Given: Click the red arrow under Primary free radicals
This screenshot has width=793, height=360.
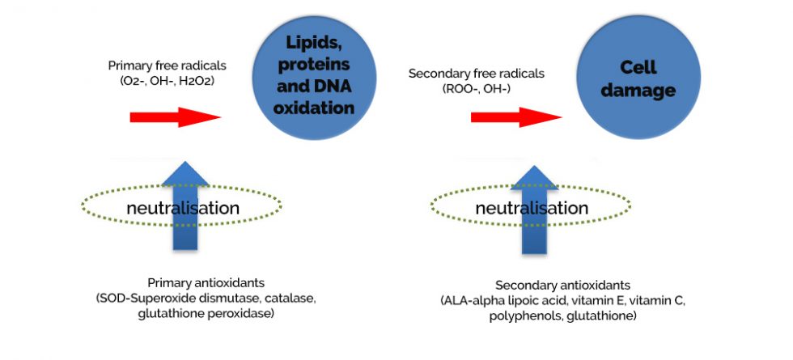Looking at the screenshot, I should pos(175,117).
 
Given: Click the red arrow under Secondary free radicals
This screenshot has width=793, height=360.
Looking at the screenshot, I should pos(515,117).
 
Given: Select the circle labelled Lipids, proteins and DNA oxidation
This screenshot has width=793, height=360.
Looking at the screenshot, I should pos(304,73).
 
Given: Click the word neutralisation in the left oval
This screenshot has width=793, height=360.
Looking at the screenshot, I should pos(182,208).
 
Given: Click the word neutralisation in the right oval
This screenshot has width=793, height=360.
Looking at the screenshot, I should pos(532,208).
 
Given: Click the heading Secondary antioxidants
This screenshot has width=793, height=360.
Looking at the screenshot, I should pos(562,286).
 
